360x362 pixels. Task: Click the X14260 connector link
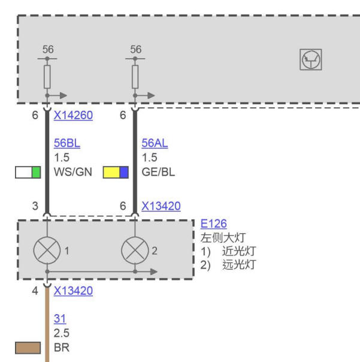pyautogui.click(x=73, y=115)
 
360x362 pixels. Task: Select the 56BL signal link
pyautogui.click(x=67, y=143)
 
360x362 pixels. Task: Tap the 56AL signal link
pyautogui.click(x=155, y=143)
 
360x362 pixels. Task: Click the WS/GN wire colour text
pyautogui.click(x=73, y=172)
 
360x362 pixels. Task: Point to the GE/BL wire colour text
pyautogui.click(x=158, y=172)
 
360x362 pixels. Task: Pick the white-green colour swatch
pyautogui.click(x=28, y=172)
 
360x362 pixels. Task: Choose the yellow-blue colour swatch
pyautogui.click(x=116, y=172)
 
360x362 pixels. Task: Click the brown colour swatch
pyautogui.click(x=28, y=348)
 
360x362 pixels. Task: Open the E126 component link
pyautogui.click(x=213, y=224)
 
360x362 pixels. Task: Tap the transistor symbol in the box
pyautogui.click(x=311, y=59)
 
